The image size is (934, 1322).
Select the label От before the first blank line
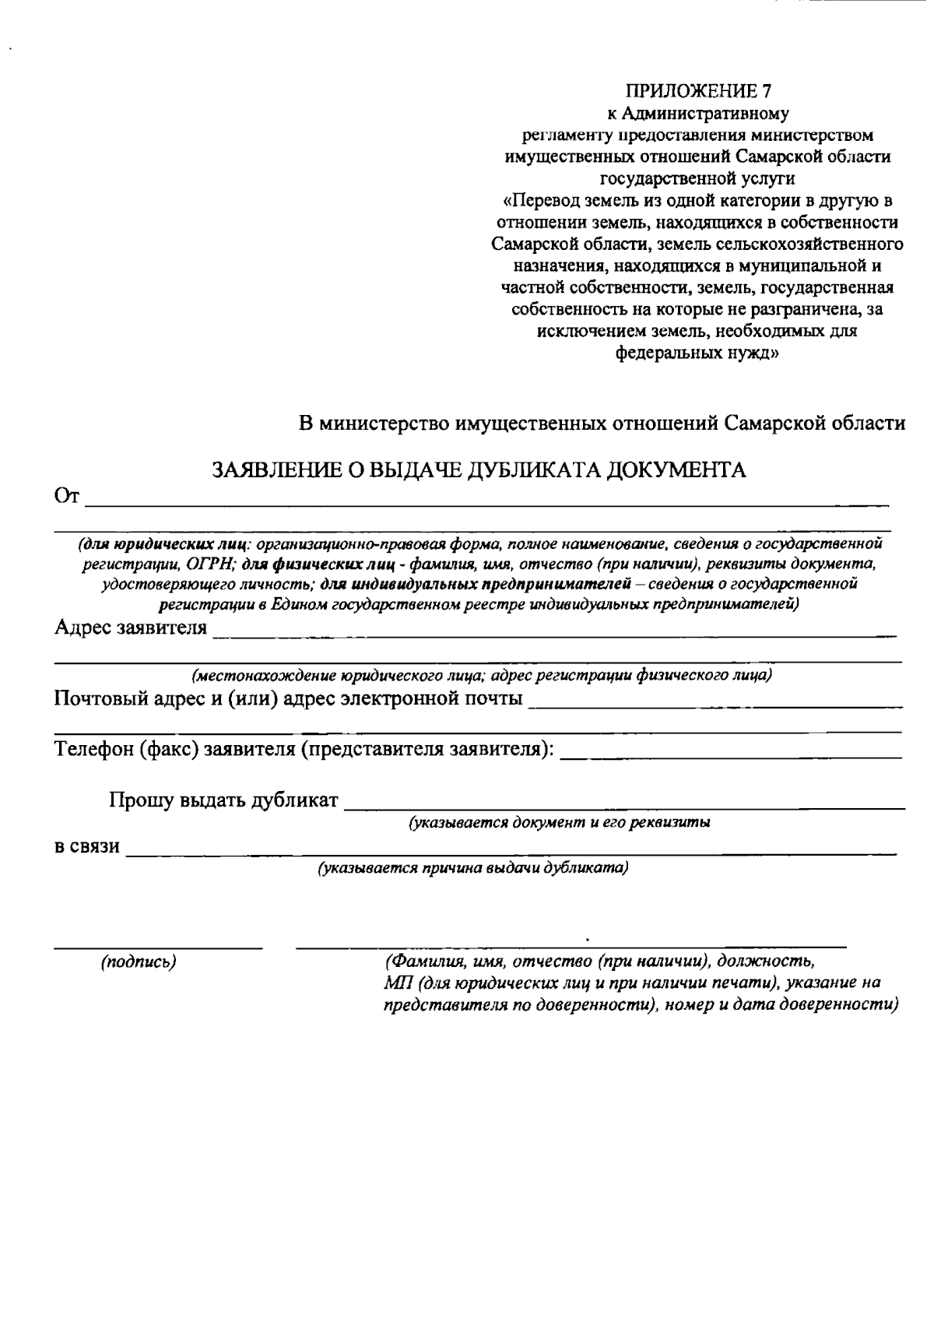coord(67,496)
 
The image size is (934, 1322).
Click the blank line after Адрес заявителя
coord(553,635)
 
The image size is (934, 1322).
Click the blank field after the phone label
coord(731,756)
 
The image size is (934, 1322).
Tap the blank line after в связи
coord(511,854)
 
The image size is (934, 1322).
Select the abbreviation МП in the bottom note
coord(395,983)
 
